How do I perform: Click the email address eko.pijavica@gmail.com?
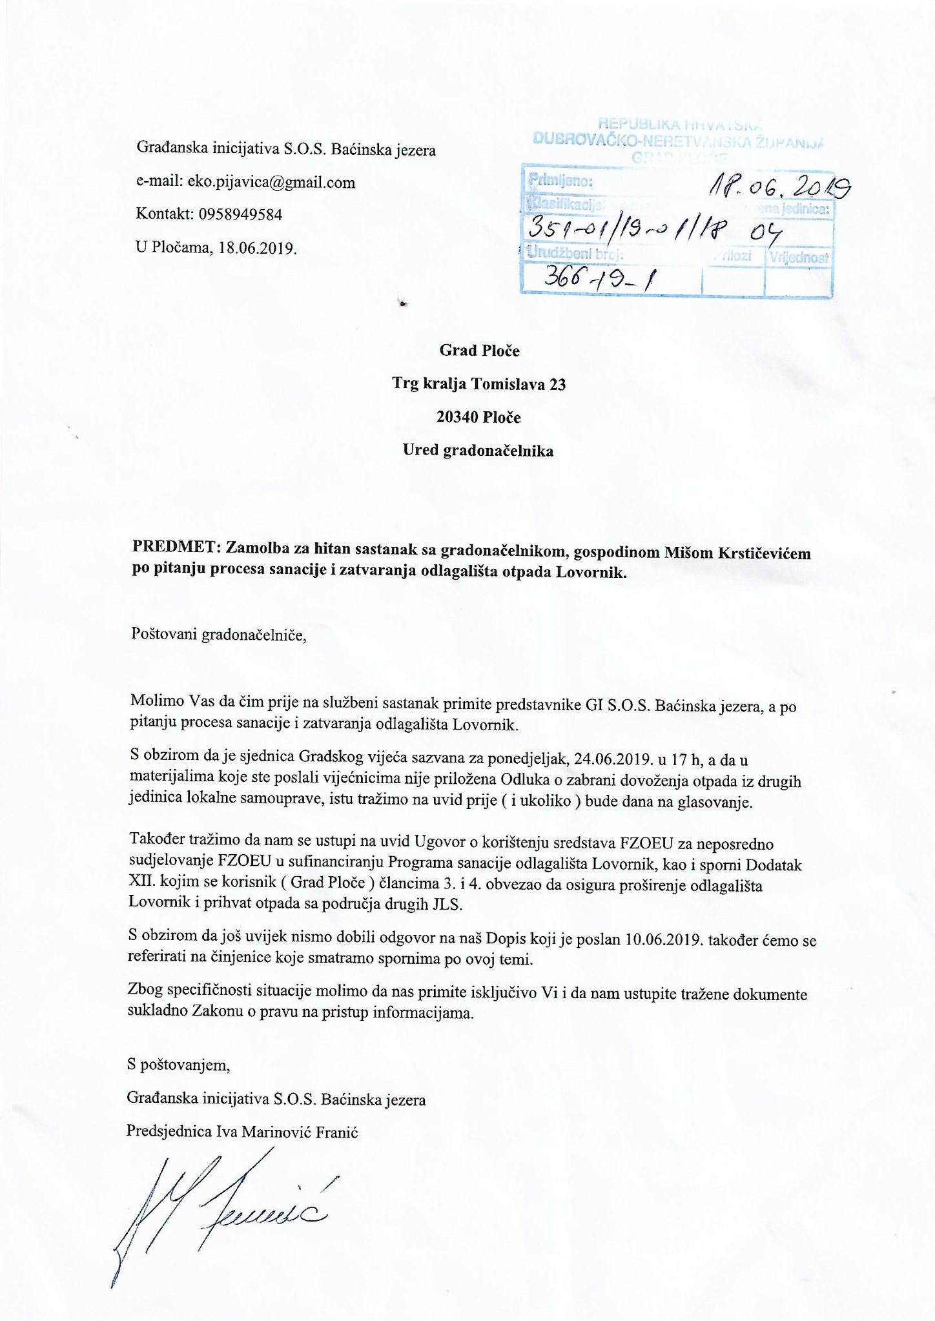[x=271, y=183]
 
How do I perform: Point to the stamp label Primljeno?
[x=560, y=181]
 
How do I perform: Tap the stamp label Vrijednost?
[x=798, y=257]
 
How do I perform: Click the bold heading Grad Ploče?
[x=479, y=351]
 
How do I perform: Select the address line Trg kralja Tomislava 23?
[x=479, y=384]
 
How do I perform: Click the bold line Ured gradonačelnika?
[x=478, y=451]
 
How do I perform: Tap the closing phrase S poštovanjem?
[x=179, y=1065]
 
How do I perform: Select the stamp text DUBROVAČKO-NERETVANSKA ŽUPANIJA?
[x=679, y=140]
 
